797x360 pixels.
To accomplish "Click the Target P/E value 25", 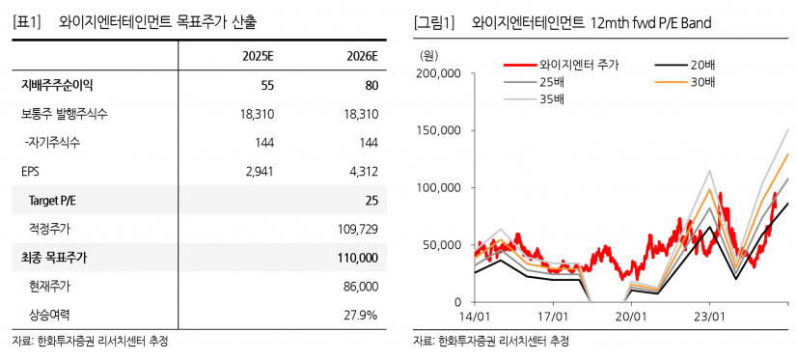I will pos(371,200).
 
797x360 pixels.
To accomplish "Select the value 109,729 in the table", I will pos(357,229).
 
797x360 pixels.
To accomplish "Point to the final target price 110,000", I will pos(356,258).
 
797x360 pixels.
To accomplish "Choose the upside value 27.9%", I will pos(362,315).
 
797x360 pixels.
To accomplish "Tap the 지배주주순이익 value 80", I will pos(371,86).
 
